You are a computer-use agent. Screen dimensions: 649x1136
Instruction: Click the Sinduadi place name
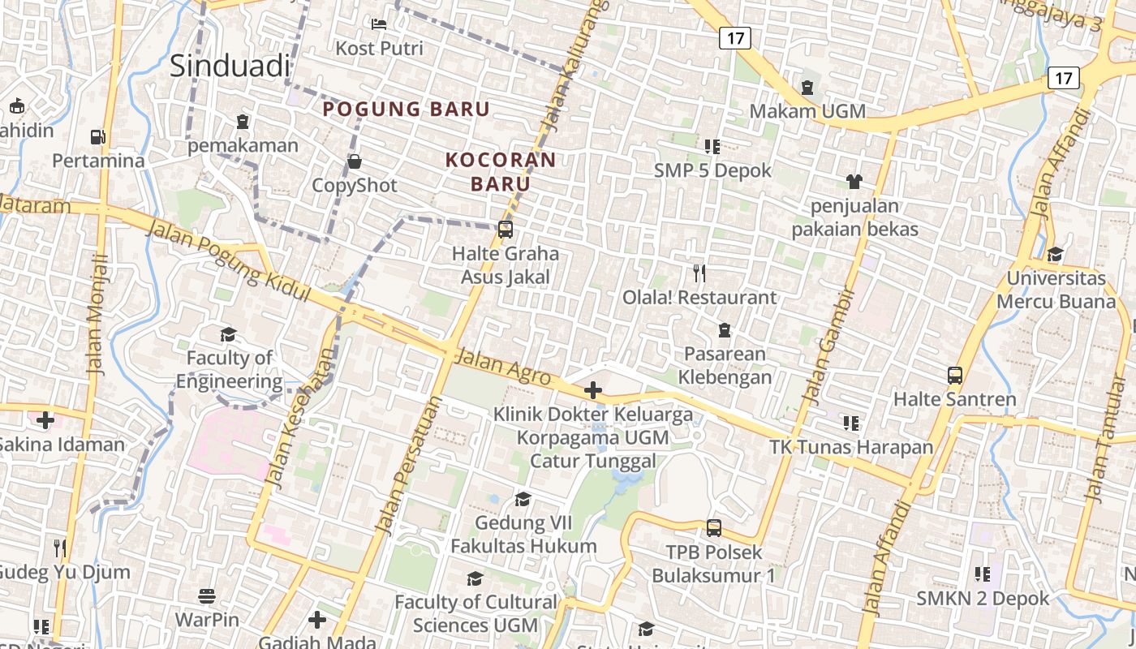[x=230, y=66]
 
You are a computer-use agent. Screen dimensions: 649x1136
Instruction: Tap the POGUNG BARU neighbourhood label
[x=407, y=109]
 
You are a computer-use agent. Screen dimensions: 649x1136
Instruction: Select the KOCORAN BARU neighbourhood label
[x=501, y=171]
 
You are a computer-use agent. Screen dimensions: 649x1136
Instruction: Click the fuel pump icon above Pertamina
[x=98, y=137]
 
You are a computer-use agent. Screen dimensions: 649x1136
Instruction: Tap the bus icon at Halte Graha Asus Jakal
[x=506, y=230]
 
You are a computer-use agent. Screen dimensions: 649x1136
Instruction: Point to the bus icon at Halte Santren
[x=955, y=376]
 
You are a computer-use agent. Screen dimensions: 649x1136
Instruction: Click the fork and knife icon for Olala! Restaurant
[x=699, y=273]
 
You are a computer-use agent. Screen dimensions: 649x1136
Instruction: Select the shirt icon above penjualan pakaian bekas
[x=854, y=181]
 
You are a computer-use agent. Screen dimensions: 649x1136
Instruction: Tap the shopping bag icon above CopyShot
[x=355, y=161]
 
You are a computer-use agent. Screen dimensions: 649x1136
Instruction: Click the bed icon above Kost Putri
[x=379, y=24]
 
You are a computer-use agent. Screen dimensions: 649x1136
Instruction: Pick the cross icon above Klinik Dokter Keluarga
[x=593, y=390]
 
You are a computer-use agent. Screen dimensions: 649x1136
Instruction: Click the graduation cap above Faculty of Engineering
[x=228, y=334]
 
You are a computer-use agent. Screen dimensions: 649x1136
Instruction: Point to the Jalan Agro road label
[x=503, y=367]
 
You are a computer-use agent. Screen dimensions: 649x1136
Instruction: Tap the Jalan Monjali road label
[x=97, y=314]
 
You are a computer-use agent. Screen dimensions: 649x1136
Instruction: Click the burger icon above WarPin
[x=207, y=596]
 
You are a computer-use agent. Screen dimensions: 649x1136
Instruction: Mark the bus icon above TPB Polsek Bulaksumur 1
[x=714, y=528]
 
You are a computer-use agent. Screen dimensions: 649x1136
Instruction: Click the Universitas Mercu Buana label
[x=1056, y=290]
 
